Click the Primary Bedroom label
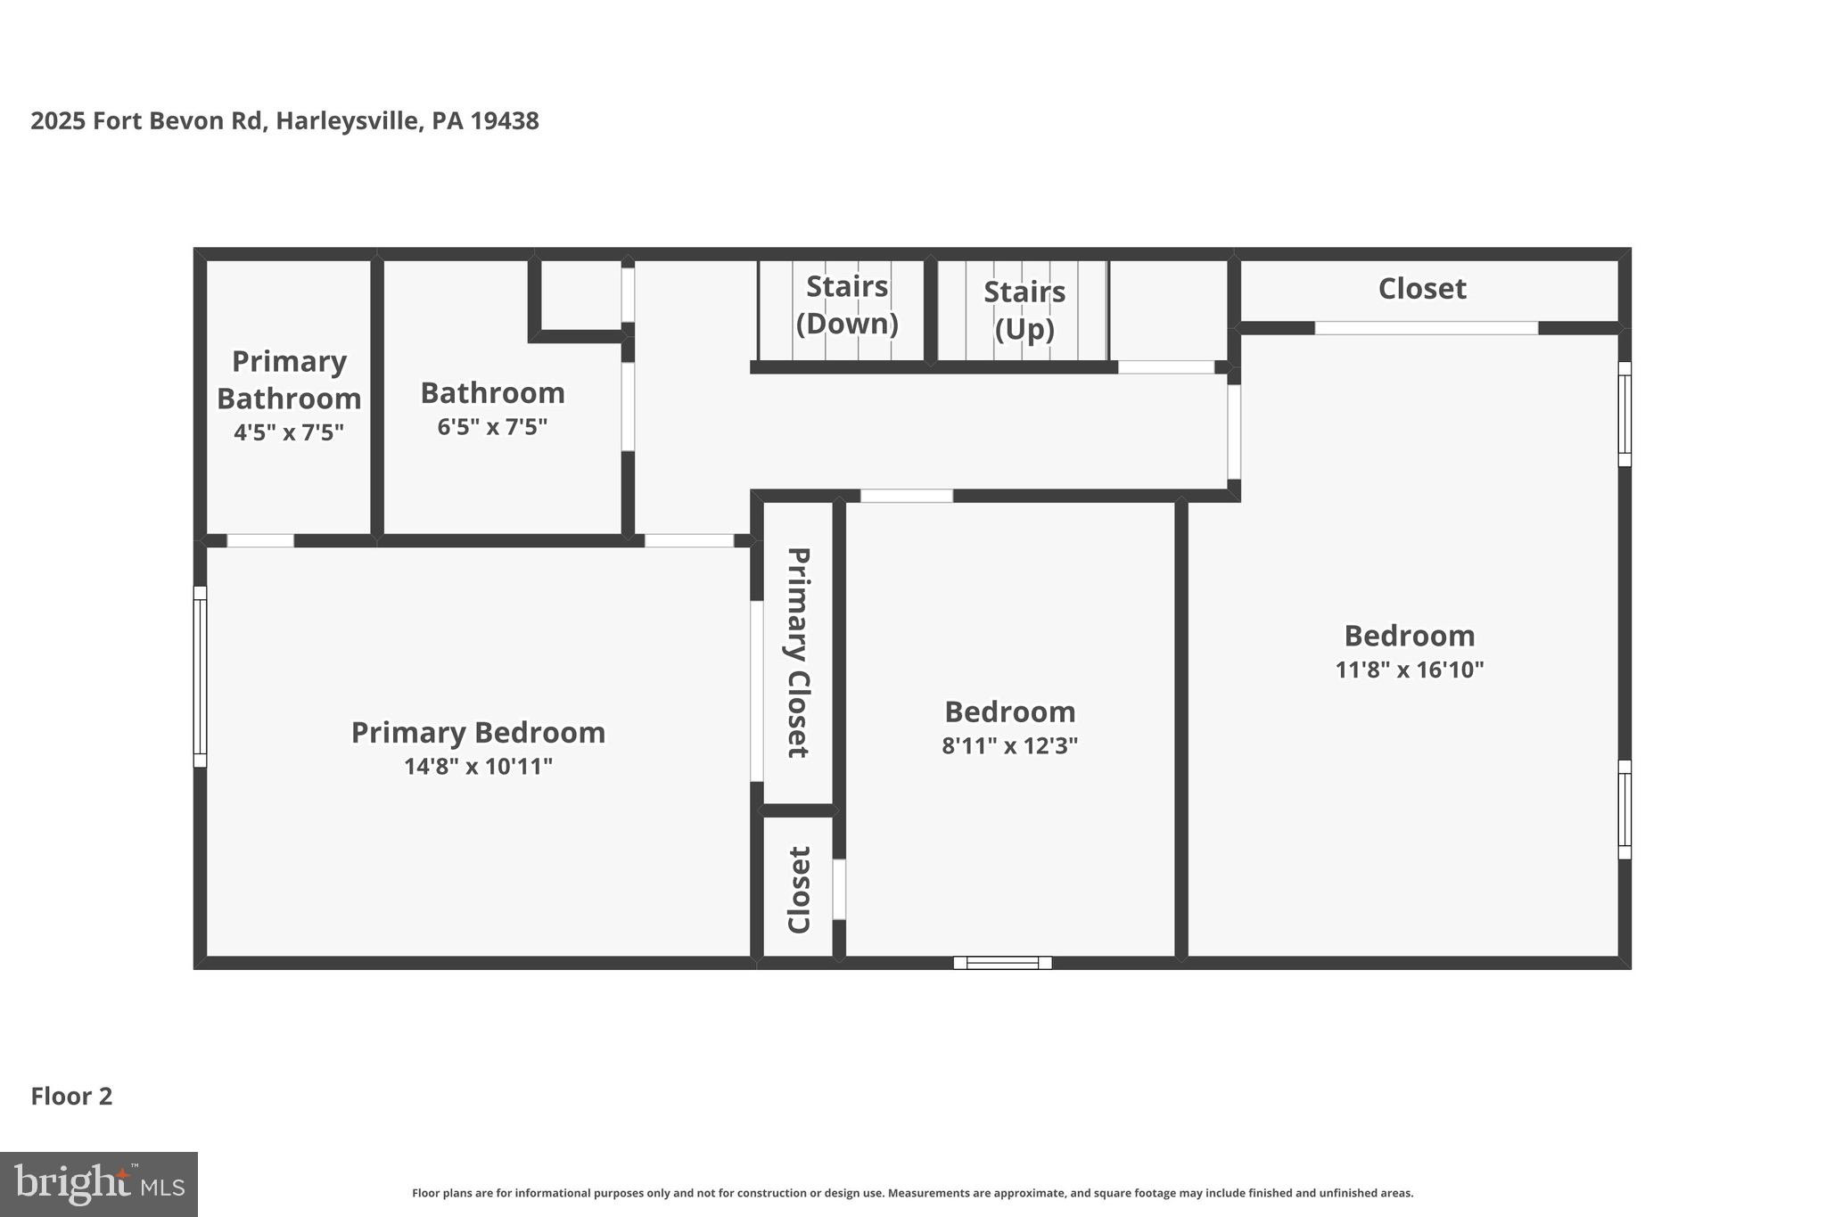point(478,733)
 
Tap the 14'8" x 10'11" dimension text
point(478,767)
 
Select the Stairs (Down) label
point(846,305)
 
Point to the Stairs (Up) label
point(1024,310)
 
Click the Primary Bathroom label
point(289,380)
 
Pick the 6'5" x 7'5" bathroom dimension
point(492,427)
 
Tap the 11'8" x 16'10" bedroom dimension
point(1410,670)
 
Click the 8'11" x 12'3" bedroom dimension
point(1010,745)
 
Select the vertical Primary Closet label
point(798,653)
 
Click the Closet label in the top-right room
point(1422,289)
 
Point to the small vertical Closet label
point(798,890)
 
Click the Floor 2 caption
point(71,1097)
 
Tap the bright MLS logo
point(99,1184)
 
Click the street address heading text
point(284,121)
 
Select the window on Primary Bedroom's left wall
point(200,677)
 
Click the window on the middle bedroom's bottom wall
point(1002,963)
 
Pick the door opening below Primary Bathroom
point(260,540)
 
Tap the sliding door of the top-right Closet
point(1427,328)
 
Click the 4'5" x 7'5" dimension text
point(289,432)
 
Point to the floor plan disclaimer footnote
point(912,1193)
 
